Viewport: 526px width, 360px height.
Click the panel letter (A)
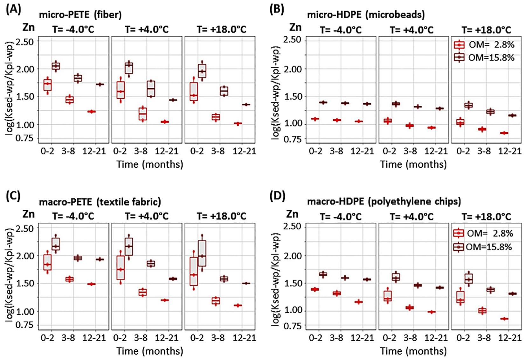click(13, 10)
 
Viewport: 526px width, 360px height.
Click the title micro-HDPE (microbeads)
click(366, 14)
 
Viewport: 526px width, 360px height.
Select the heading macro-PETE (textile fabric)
click(100, 202)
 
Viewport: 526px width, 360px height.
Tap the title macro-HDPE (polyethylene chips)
click(384, 201)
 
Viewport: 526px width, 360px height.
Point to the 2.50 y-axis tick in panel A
click(24, 42)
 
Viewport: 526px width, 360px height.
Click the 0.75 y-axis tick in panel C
click(24, 325)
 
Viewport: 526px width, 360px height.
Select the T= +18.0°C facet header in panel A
click(221, 30)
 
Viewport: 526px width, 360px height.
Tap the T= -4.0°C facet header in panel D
click(341, 217)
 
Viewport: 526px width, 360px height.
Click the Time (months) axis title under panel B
click(413, 164)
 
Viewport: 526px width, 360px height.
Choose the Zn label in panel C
click(29, 214)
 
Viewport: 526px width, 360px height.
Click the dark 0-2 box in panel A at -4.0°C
click(56, 66)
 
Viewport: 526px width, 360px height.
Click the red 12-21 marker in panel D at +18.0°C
click(504, 319)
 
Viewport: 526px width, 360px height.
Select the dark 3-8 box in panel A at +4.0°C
click(151, 88)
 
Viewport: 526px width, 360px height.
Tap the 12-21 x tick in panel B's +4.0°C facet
click(435, 151)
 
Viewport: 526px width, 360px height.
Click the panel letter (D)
click(276, 196)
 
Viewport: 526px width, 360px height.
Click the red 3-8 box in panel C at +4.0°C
click(143, 292)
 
